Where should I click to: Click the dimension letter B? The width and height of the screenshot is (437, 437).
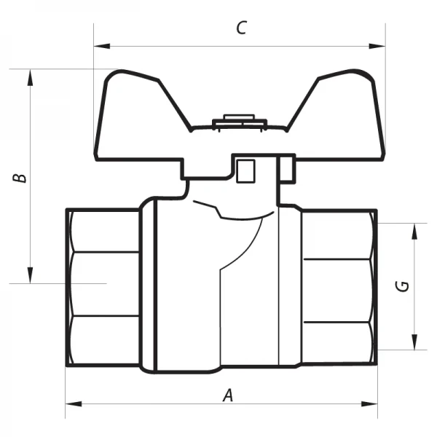(22, 177)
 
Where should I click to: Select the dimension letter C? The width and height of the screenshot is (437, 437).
(242, 28)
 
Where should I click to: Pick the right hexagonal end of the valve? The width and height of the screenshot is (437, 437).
(339, 284)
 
